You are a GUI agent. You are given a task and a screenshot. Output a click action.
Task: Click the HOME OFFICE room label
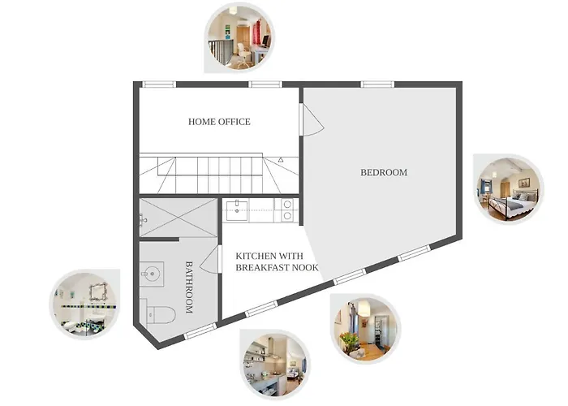[219, 122]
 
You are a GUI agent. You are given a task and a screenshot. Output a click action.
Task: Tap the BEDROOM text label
[384, 172]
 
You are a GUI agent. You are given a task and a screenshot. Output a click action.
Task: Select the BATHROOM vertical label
[189, 287]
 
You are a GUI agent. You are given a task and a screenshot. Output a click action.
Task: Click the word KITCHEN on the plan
[253, 257]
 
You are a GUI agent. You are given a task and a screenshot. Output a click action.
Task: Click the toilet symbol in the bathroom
[158, 314]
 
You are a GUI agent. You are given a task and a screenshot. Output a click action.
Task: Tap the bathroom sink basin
[152, 274]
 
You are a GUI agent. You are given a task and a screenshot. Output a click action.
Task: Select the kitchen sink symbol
[237, 209]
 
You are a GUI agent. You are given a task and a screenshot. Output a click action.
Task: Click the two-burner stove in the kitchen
[286, 209]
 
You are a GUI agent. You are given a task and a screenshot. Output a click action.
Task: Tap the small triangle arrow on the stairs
[281, 159]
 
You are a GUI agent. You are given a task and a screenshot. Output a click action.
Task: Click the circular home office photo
[239, 37]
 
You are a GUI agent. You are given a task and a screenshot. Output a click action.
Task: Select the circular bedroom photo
[509, 189]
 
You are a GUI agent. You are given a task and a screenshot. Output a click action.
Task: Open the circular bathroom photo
[85, 304]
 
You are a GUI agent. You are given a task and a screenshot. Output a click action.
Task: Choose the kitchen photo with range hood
[275, 365]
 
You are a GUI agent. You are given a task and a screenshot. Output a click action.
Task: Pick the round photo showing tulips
[365, 328]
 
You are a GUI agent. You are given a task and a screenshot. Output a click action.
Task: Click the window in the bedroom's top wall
[377, 84]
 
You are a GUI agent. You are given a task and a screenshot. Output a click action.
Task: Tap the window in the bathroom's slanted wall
[200, 331]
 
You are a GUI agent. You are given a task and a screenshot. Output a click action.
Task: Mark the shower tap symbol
[143, 220]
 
